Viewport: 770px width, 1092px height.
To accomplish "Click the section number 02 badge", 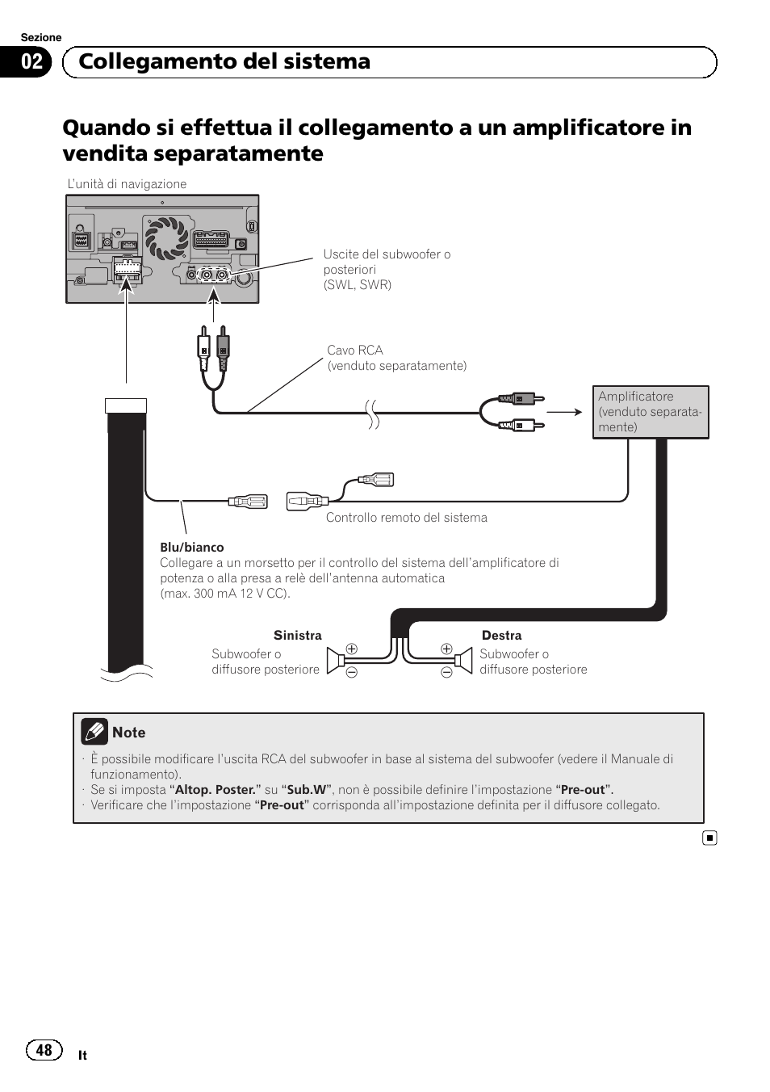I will [32, 62].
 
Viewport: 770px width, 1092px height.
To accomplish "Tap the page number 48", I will [44, 1050].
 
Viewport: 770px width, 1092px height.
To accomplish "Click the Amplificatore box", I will [651, 412].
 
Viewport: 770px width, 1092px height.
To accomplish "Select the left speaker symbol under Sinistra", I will [333, 661].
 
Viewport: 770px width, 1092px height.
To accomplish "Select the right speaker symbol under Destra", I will [464, 661].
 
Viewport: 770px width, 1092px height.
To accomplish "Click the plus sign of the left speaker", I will [352, 649].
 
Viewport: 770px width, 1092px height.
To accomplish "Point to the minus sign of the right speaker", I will [446, 673].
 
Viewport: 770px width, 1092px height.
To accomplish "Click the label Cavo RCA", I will [355, 351].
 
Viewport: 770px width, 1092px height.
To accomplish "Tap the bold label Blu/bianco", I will [192, 548].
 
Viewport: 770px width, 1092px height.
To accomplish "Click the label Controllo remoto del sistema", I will [406, 518].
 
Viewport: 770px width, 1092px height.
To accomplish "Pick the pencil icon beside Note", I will [94, 732].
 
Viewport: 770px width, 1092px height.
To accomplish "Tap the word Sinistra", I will [298, 636].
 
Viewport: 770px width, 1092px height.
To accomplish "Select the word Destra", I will [501, 636].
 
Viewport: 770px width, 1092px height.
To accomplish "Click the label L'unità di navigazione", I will [127, 184].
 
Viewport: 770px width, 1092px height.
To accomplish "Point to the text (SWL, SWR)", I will [358, 285].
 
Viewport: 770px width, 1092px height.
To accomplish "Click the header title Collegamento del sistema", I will [224, 61].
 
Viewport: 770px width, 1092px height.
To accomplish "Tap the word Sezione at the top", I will [41, 38].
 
